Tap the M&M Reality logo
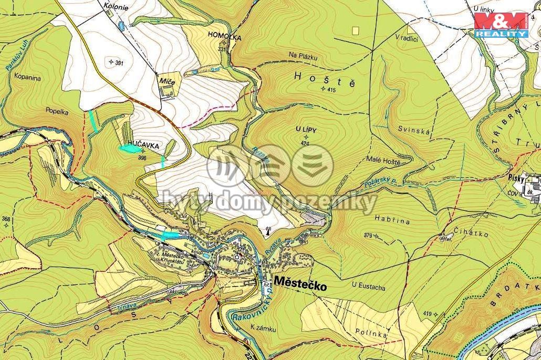click(501, 25)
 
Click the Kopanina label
click(28, 77)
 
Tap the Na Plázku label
click(304, 55)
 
